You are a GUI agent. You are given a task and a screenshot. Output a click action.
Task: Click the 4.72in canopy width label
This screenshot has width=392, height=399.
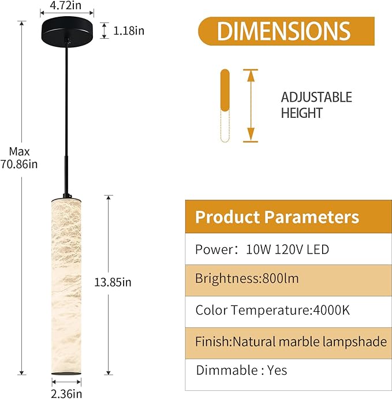65,5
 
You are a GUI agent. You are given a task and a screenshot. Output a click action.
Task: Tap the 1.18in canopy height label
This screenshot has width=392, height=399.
129,31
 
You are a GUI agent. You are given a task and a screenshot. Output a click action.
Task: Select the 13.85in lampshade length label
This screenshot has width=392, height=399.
113,282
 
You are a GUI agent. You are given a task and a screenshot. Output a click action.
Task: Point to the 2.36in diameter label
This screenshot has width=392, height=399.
66,394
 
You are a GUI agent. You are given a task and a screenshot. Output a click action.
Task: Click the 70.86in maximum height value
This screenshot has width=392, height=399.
19,164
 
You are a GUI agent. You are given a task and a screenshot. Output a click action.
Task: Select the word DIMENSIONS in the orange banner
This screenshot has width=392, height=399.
283,31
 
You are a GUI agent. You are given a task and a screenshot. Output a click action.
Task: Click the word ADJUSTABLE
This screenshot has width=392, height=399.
316,97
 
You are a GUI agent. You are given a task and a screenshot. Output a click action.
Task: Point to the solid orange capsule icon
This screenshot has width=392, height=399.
225,90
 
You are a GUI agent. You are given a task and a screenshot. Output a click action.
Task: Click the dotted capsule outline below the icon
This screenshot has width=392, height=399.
225,126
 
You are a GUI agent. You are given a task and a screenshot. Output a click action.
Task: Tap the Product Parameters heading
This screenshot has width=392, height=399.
277,217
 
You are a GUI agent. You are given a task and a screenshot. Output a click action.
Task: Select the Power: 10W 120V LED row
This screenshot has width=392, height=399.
262,249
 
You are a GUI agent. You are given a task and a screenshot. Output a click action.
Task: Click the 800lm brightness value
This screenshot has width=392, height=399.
281,278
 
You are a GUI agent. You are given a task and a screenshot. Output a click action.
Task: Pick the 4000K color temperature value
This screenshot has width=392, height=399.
331,310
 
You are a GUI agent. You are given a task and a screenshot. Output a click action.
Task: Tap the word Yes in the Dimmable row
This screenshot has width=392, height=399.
277,370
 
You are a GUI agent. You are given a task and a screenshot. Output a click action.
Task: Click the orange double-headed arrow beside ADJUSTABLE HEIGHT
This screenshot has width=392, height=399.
251,105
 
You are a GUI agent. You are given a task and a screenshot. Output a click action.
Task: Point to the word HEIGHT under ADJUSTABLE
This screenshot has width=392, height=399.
302,113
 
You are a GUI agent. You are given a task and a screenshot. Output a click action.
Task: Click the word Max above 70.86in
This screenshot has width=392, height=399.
19,152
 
